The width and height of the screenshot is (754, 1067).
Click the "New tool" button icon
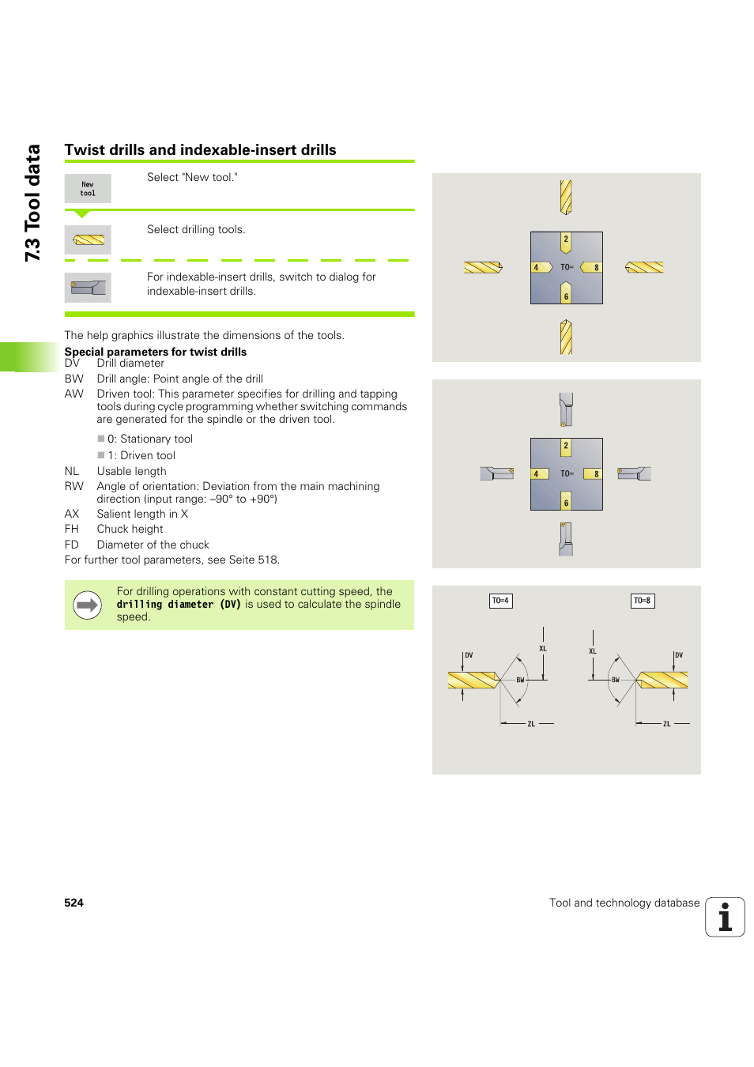[88, 189]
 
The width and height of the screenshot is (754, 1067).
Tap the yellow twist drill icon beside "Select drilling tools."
[89, 239]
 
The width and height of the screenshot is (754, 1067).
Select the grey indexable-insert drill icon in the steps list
[88, 288]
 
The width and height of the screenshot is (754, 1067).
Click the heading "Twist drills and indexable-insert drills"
[200, 150]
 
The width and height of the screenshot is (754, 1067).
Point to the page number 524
[74, 903]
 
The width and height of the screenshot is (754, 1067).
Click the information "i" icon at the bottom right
[725, 917]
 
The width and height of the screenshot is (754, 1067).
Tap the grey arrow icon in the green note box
[87, 605]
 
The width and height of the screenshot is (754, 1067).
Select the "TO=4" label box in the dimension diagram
[501, 601]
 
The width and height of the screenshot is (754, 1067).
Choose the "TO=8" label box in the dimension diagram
[643, 601]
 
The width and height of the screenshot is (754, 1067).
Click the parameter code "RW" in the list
[74, 486]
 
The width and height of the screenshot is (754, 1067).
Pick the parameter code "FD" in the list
[72, 545]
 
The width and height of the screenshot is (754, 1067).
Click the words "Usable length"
[131, 471]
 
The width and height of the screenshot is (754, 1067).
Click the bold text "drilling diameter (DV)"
[179, 605]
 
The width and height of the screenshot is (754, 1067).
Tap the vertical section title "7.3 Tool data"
[32, 202]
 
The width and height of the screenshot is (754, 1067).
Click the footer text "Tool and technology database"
[624, 903]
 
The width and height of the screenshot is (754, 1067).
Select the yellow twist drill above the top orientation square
[566, 197]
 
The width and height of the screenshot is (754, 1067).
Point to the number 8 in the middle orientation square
[597, 474]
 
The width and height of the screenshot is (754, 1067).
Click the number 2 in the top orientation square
[566, 239]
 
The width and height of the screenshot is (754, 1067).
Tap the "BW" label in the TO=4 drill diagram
[520, 680]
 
